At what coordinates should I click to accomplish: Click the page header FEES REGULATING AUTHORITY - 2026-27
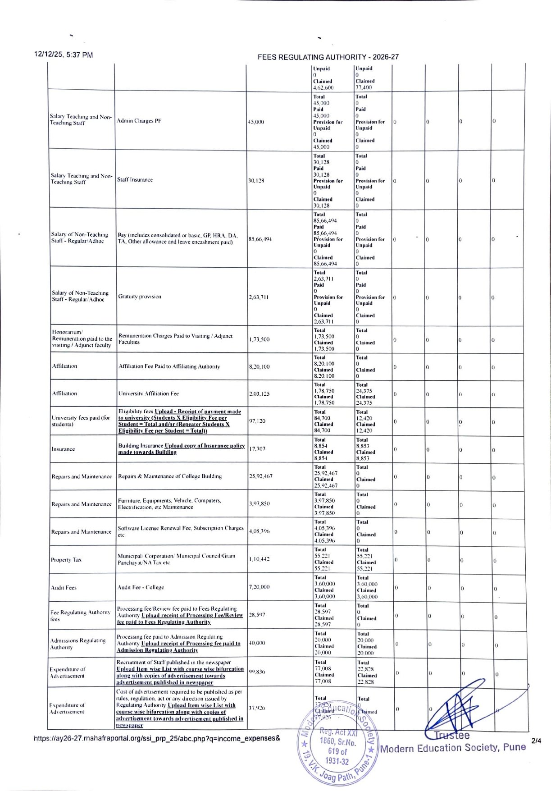328,57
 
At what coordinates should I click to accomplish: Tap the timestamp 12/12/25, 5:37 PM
64,55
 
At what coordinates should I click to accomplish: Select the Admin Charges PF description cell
139,121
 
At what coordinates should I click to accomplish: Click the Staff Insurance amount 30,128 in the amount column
256,181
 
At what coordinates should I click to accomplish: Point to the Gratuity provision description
140,297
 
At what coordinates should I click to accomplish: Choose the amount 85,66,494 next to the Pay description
260,239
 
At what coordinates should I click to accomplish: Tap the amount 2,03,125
259,393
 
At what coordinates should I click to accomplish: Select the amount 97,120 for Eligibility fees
257,421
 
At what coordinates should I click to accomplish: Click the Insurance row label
63,449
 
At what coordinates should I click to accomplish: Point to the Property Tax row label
66,560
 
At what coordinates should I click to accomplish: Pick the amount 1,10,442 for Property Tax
259,559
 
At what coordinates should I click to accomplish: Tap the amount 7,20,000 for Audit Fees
259,587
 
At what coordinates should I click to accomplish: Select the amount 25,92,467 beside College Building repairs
260,476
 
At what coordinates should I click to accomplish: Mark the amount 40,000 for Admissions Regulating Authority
257,643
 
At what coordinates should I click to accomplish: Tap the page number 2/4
536,741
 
